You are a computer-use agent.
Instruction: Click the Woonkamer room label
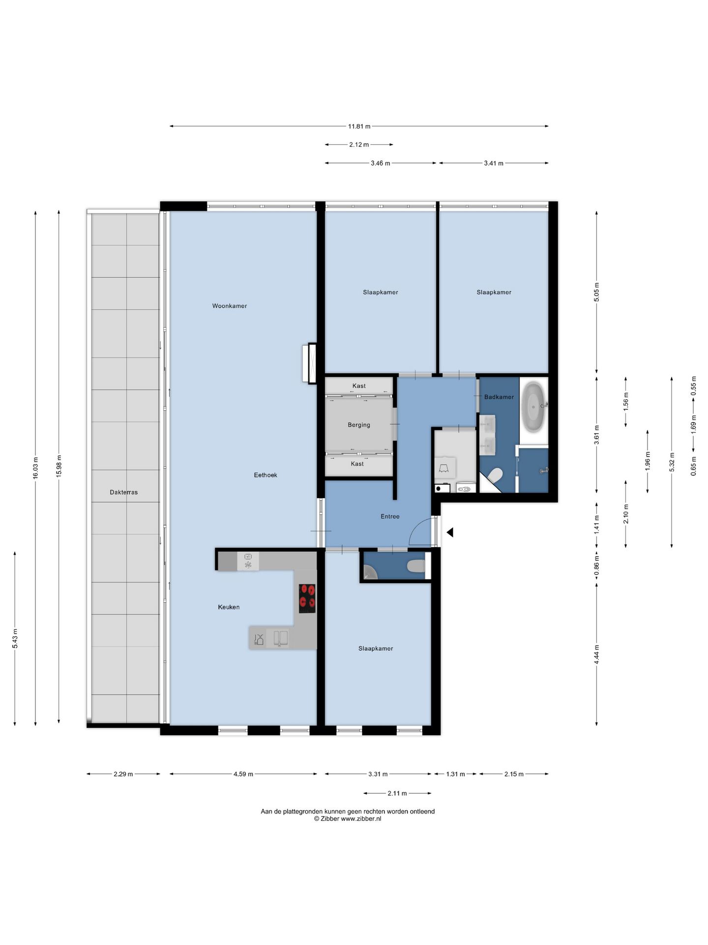pos(229,306)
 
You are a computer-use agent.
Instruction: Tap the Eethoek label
pos(265,475)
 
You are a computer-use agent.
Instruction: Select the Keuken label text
pos(229,607)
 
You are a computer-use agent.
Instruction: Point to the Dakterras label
pos(124,492)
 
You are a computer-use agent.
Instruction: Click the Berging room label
pos(359,425)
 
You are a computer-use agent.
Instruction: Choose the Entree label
pos(390,516)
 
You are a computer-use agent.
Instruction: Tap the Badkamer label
pos(499,397)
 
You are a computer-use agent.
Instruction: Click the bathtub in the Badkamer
pos(534,406)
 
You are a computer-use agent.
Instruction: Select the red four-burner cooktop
pos(307,598)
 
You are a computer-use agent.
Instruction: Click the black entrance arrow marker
pos(449,532)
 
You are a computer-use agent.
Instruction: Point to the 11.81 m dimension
pos(359,126)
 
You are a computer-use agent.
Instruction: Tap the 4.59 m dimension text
pos(243,774)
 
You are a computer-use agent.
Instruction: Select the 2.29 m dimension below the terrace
pos(123,774)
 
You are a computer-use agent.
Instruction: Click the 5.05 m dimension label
pos(596,292)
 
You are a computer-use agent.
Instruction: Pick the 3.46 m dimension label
pos(381,163)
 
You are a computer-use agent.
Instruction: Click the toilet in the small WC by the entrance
pos(416,567)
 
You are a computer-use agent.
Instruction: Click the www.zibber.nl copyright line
pos(348,819)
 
